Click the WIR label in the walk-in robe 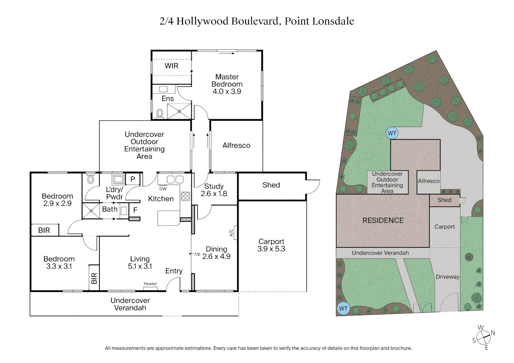click(x=171, y=66)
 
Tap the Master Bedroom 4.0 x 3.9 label click(x=227, y=84)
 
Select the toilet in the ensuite click(x=160, y=113)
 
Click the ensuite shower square click(x=179, y=111)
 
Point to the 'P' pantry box click(x=133, y=179)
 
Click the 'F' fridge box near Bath click(x=135, y=210)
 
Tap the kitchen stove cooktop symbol click(x=185, y=196)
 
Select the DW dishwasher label click(x=163, y=189)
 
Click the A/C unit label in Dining click(x=231, y=233)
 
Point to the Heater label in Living click(x=150, y=284)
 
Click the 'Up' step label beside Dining click(x=197, y=254)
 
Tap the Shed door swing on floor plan click(x=313, y=187)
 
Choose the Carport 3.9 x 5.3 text click(x=271, y=245)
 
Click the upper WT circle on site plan click(x=392, y=133)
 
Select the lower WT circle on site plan click(x=343, y=308)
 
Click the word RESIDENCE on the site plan click(x=383, y=220)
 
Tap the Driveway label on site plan click(x=447, y=277)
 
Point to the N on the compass click(x=493, y=333)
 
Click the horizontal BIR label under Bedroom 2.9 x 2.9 click(x=44, y=230)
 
